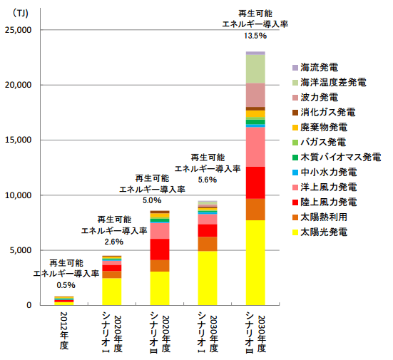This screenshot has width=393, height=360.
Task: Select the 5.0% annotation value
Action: coord(160,201)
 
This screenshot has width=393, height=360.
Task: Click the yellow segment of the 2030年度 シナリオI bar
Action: coord(207,277)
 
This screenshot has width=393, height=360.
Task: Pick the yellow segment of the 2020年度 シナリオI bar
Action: coord(112,291)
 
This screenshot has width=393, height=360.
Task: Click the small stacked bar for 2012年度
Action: coord(63,300)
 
